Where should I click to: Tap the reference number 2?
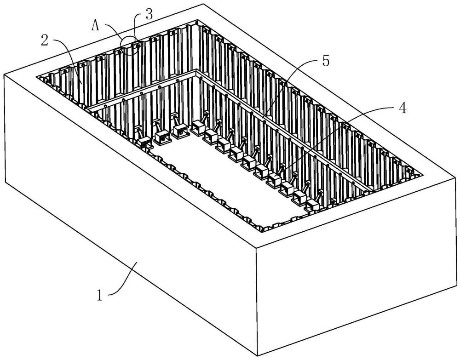[45, 40]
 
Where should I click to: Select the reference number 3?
[148, 14]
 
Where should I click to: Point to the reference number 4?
[402, 108]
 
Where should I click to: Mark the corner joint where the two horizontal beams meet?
[196, 72]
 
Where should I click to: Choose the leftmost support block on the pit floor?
[144, 142]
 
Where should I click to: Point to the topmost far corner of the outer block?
[202, 4]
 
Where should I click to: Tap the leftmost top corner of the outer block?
[4, 74]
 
